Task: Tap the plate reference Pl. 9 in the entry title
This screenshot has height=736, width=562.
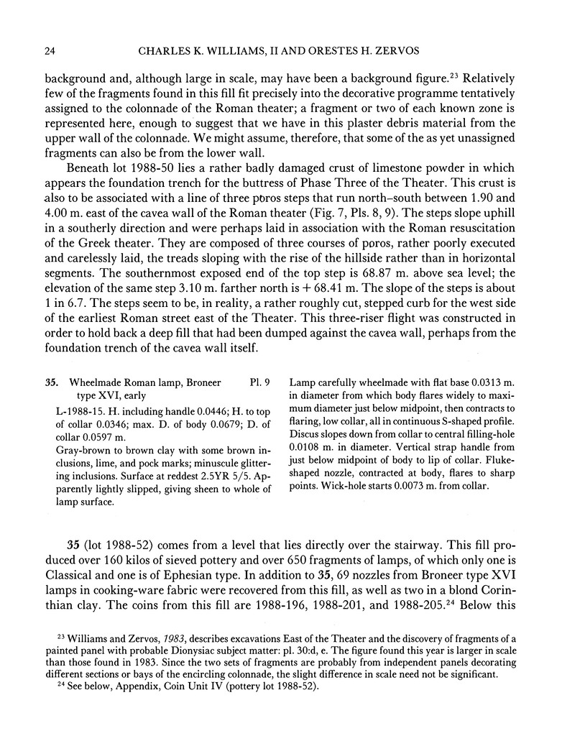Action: (258, 382)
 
